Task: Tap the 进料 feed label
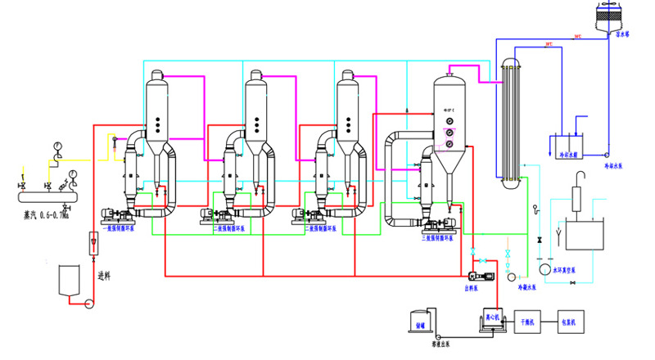click(103, 276)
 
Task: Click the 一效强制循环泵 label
click(119, 228)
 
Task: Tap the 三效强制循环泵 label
click(436, 237)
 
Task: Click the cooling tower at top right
click(617, 16)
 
